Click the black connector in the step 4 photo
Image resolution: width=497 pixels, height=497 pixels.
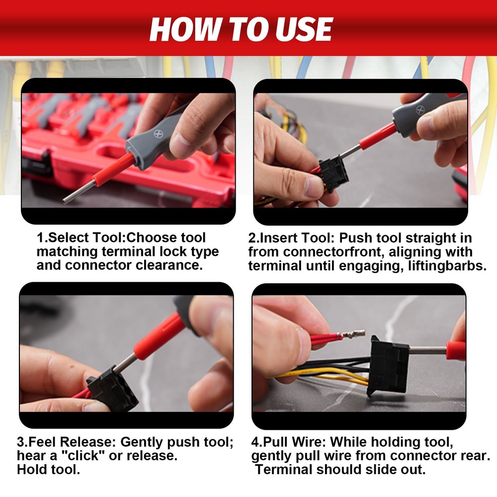point(389,365)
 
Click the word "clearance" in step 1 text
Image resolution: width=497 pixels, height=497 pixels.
point(169,265)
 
